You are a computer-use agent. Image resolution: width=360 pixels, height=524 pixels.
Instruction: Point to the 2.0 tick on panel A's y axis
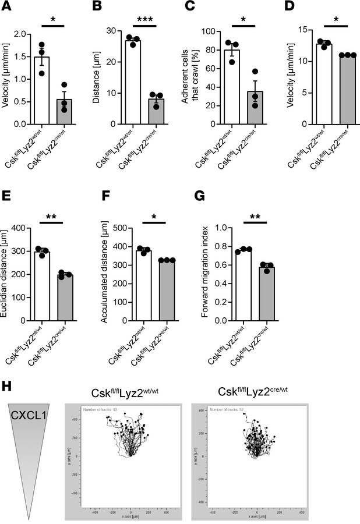coord(26,34)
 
